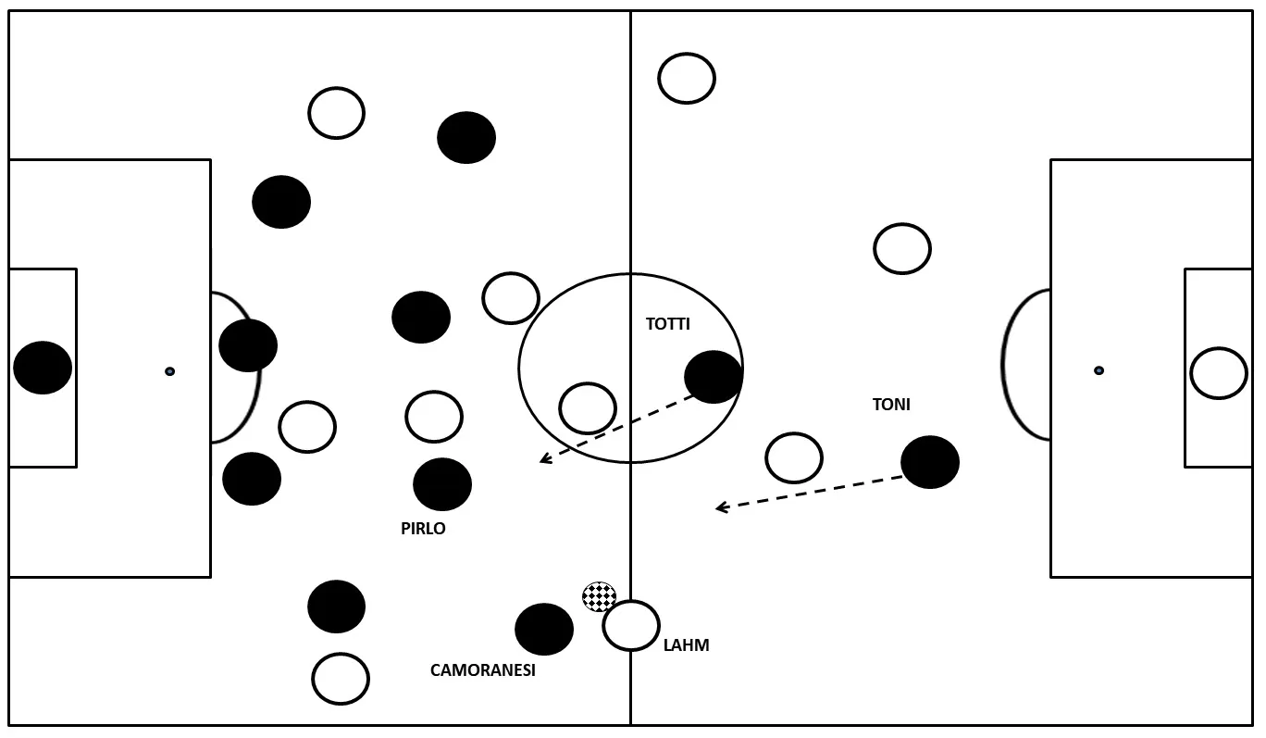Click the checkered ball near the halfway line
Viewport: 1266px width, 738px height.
point(599,596)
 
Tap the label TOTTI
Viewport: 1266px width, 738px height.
point(668,324)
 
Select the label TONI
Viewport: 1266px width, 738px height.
point(891,405)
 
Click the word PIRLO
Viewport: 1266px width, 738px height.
point(423,529)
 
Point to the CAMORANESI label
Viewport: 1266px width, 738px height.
point(483,670)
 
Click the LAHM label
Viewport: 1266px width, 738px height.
point(687,645)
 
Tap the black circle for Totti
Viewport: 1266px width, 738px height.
point(714,377)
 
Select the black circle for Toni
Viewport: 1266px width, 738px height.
point(930,462)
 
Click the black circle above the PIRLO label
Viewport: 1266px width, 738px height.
point(442,484)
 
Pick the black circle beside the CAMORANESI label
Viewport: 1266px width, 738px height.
point(544,630)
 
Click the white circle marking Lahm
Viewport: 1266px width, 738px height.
point(631,626)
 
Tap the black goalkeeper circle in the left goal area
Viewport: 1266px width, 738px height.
point(43,368)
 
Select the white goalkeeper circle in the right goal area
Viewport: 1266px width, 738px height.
point(1219,373)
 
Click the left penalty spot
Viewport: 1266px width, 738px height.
point(169,371)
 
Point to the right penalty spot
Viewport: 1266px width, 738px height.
point(1098,370)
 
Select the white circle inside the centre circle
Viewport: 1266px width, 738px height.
point(588,408)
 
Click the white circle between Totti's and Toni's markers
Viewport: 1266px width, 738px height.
point(794,457)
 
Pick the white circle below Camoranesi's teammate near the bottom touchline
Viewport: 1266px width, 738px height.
point(341,679)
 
